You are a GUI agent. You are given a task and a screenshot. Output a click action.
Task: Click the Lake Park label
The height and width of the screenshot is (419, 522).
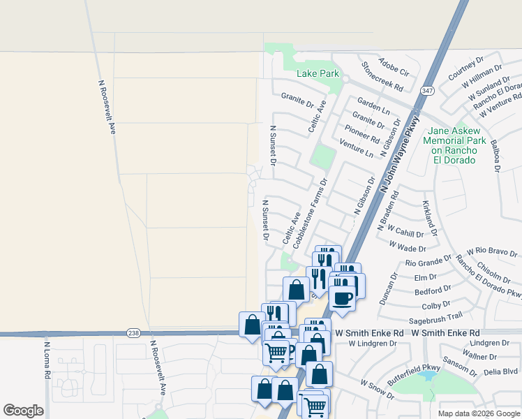click(318, 73)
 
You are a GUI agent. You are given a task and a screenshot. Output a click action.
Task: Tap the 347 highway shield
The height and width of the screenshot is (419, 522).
click(428, 91)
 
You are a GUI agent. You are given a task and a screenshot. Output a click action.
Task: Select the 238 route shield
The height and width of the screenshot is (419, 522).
click(133, 333)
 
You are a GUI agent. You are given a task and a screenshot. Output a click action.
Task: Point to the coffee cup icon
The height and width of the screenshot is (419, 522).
click(342, 299)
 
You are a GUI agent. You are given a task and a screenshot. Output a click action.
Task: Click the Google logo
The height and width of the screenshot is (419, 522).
click(23, 411)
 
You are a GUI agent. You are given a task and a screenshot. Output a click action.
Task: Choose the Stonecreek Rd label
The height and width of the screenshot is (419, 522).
click(382, 77)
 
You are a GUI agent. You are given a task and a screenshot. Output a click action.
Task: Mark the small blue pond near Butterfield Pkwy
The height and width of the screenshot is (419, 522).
click(427, 376)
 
